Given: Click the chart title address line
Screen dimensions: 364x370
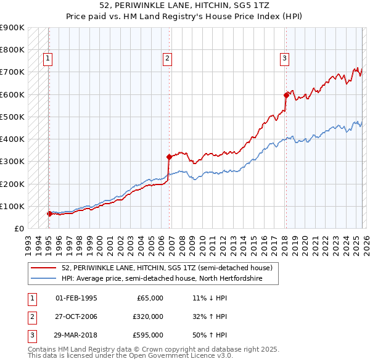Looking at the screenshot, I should click(x=184, y=6).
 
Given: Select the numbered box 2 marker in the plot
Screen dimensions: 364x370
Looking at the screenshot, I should click(x=167, y=59).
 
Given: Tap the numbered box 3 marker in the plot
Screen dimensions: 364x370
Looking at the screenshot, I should click(x=284, y=59).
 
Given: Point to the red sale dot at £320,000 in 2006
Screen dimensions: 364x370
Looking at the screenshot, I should click(x=168, y=157).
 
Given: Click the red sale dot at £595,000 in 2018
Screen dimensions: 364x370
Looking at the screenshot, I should click(x=286, y=95).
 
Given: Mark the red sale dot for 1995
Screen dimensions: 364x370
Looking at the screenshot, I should click(x=49, y=214).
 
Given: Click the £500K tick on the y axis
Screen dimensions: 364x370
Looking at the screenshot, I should click(x=12, y=117).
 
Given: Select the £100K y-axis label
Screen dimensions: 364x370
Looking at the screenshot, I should click(x=12, y=206).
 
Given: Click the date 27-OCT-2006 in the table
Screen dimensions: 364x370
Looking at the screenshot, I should click(x=76, y=316).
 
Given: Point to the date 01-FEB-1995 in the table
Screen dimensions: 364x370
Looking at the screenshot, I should click(x=76, y=298).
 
